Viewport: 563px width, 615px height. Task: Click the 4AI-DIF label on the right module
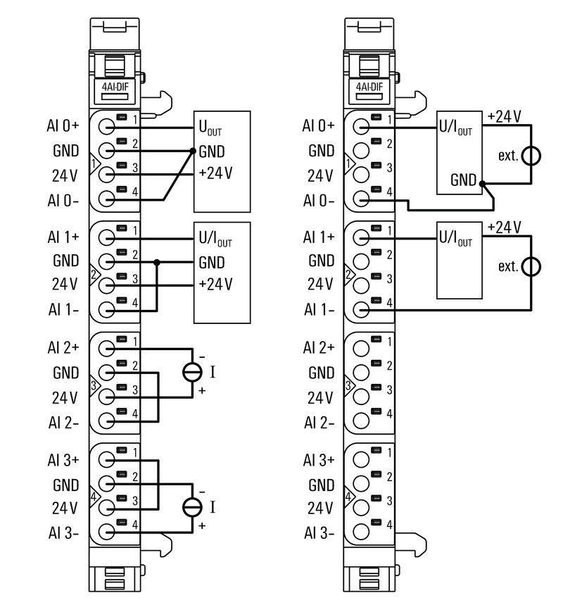tap(369, 88)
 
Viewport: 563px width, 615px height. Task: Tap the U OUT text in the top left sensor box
tap(210, 130)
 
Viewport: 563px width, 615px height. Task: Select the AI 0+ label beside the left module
tap(64, 127)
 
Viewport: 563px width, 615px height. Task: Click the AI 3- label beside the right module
tap(319, 533)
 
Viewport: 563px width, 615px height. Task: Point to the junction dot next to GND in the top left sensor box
tap(193, 151)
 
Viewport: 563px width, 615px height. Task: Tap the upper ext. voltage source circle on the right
tap(531, 156)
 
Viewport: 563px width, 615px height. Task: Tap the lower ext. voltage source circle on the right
tap(531, 266)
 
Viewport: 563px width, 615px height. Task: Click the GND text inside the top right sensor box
tap(464, 180)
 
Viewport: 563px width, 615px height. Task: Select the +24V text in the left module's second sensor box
tap(215, 284)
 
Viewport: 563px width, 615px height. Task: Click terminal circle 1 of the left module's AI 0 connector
tap(106, 127)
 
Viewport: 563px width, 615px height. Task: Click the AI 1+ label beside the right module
tap(319, 237)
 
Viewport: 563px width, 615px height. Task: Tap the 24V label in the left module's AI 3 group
tap(64, 507)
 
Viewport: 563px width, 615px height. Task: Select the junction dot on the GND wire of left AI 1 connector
tap(157, 262)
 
